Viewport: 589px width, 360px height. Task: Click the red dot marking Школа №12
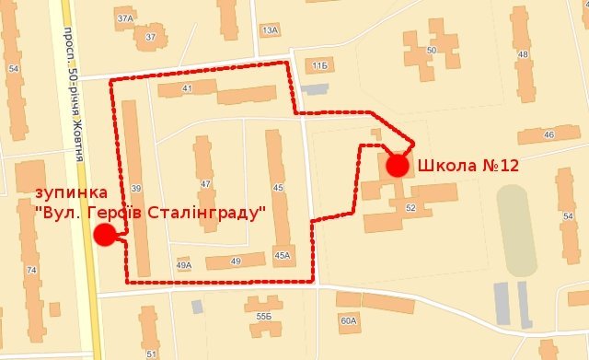click(397, 166)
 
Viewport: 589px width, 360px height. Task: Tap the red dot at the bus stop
click(104, 235)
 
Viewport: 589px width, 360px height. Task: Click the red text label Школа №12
click(468, 166)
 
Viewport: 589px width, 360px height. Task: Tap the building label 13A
click(269, 30)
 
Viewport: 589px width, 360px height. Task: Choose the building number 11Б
click(319, 66)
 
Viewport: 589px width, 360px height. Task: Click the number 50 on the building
click(432, 50)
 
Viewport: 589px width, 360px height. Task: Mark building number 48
click(524, 54)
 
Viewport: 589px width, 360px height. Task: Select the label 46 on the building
click(549, 135)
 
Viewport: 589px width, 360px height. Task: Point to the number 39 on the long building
click(135, 188)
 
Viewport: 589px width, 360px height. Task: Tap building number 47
click(205, 184)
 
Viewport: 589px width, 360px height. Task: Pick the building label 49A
click(183, 265)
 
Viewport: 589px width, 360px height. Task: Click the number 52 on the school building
click(410, 209)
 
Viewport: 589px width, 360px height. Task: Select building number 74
click(32, 270)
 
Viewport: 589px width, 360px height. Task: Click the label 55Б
click(264, 317)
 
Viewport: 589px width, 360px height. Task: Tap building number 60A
click(347, 321)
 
